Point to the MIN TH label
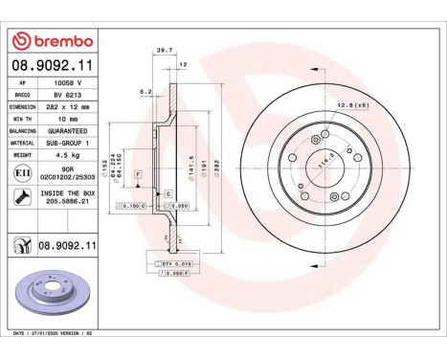[x=22, y=118]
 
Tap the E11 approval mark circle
[x=21, y=172]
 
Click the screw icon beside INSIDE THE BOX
[x=21, y=197]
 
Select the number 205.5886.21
[x=65, y=203]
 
